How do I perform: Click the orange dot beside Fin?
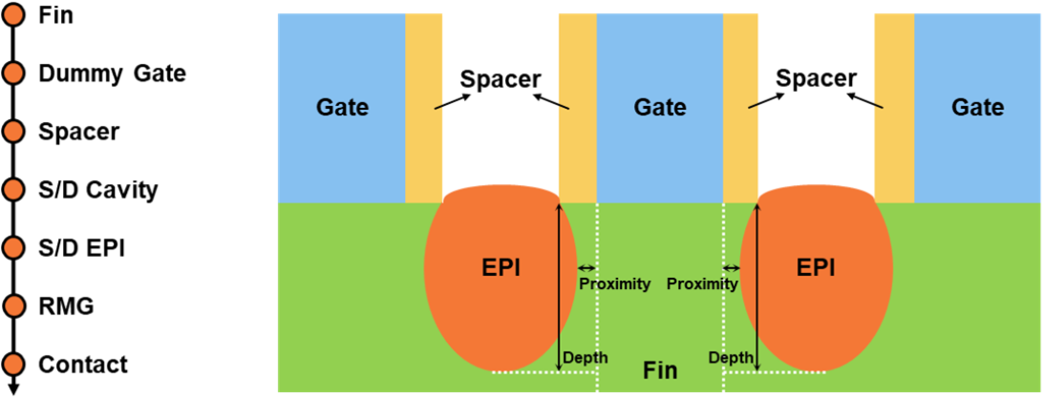(x=13, y=14)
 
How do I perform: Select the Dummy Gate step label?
(x=112, y=73)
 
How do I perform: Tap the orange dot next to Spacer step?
(x=13, y=131)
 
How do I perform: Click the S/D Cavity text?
(x=97, y=190)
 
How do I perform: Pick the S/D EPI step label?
(x=82, y=248)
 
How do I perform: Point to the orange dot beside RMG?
(x=13, y=306)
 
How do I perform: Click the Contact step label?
(x=83, y=365)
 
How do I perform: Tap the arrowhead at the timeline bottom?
(x=13, y=387)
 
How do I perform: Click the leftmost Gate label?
(x=342, y=107)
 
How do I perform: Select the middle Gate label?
(x=659, y=107)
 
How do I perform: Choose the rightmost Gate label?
(x=977, y=107)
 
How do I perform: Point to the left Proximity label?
(x=615, y=283)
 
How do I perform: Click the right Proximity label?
(x=702, y=283)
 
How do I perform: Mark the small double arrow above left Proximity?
(x=586, y=268)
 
